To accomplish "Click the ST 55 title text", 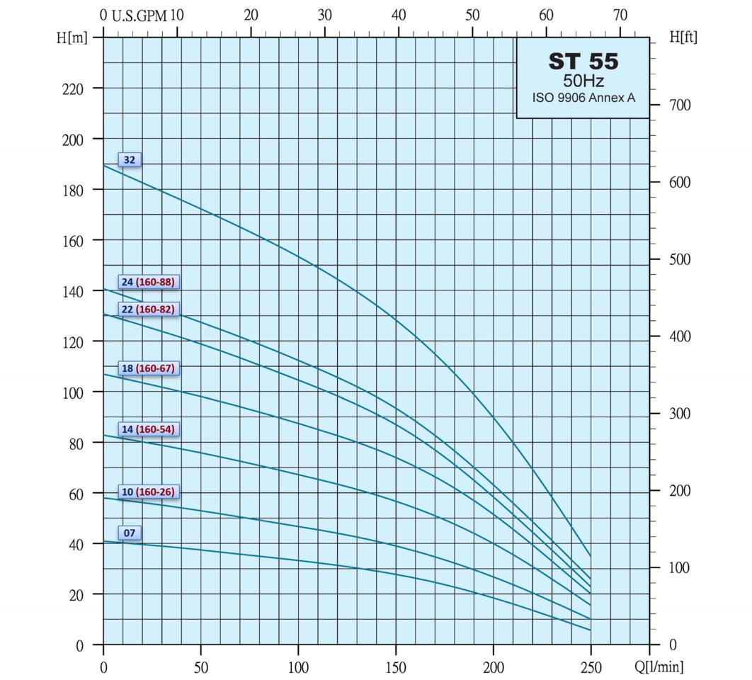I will [583, 62].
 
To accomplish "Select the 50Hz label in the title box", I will [583, 81].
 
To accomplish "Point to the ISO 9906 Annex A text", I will [583, 98].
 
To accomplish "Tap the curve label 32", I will [130, 160].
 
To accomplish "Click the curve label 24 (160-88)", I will [147, 282].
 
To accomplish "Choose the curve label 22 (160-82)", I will [147, 310].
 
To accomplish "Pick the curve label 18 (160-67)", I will [147, 368].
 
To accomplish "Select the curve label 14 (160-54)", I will [147, 429].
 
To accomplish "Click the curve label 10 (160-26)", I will [147, 492].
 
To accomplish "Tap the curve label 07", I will [130, 533].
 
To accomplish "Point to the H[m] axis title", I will [72, 38].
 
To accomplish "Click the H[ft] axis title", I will [683, 38].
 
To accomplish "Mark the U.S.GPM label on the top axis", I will [139, 16].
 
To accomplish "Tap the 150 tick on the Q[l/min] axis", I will [396, 667].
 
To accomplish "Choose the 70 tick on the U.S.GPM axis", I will [620, 16].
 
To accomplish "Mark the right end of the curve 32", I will [591, 556].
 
